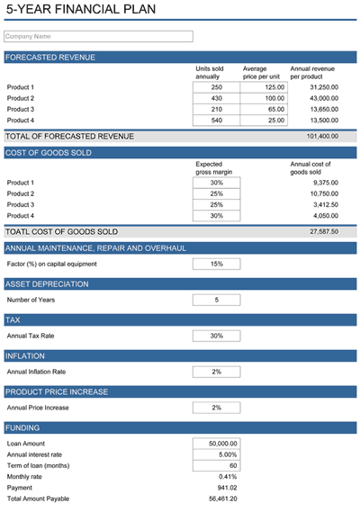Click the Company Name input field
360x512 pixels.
98,37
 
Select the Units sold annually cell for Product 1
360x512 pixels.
216,87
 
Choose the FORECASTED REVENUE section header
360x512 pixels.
50,58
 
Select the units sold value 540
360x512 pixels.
216,120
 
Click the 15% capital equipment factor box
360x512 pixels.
216,264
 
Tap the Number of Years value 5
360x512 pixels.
216,300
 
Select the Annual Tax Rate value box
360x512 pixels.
216,336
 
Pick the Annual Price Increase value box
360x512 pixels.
216,408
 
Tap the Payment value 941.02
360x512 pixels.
224,487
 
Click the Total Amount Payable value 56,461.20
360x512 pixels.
220,498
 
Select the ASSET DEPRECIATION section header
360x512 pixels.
47,284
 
